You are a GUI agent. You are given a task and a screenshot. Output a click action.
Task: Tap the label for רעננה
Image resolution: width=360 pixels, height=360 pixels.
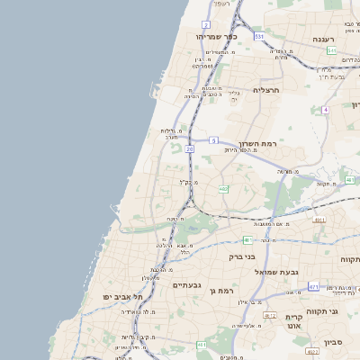click(324, 40)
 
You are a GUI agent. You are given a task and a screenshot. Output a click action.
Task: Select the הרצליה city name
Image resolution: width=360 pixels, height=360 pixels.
click(267, 90)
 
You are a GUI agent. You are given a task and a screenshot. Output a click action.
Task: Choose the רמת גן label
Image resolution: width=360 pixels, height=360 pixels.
click(219, 290)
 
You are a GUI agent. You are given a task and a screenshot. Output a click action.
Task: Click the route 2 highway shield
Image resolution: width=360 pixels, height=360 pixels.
click(206, 24)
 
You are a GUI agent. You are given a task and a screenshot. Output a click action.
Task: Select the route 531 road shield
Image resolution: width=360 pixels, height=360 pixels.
click(258, 37)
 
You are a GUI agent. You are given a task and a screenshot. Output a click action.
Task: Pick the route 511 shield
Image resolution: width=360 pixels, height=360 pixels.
click(332, 51)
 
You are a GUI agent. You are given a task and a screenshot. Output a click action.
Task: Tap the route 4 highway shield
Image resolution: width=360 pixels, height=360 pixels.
click(325, 109)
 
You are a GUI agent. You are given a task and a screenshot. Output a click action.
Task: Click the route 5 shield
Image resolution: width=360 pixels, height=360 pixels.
click(213, 140)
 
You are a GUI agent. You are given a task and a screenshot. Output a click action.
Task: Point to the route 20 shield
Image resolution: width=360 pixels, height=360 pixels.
click(189, 148)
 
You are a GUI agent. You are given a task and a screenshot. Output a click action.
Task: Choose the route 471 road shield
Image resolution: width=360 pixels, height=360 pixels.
click(313, 286)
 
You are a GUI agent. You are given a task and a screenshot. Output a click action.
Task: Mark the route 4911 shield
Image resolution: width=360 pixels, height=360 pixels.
click(319, 220)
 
